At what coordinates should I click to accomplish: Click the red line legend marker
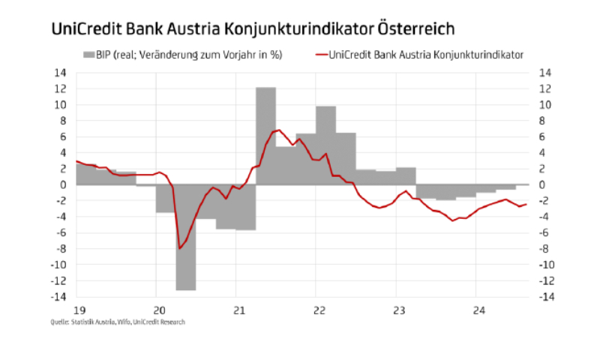[319, 54]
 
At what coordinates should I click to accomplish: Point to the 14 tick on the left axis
[60, 73]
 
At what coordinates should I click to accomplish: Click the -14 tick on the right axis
[548, 297]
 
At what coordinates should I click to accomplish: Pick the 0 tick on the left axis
[63, 184]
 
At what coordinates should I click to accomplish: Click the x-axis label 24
[478, 309]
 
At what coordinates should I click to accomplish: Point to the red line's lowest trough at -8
[180, 248]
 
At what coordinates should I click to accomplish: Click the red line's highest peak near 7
[278, 130]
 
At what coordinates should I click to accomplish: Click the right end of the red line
[526, 204]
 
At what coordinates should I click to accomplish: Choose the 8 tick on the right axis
[545, 121]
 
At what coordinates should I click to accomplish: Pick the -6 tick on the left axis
[61, 232]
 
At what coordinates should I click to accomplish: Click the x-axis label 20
[158, 309]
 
